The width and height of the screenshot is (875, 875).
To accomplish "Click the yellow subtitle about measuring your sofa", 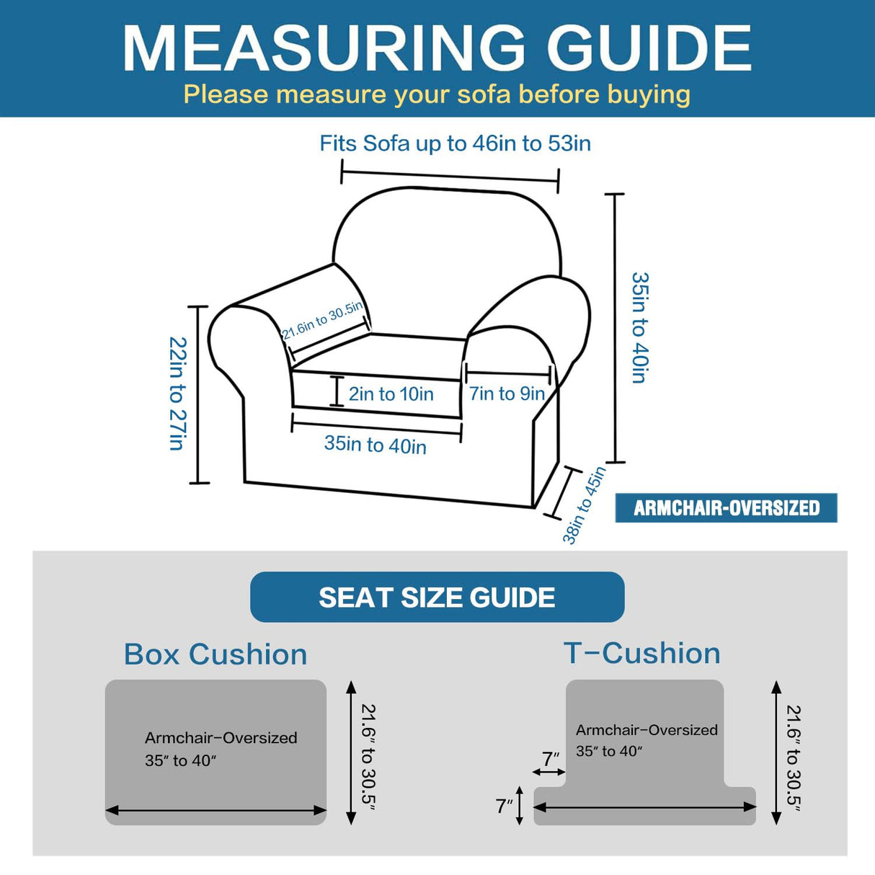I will click(x=437, y=94).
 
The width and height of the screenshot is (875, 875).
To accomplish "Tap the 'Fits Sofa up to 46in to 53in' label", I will click(x=455, y=143).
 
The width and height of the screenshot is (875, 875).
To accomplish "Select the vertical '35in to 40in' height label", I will click(x=639, y=327).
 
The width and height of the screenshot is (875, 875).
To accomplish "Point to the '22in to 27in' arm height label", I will click(x=177, y=394).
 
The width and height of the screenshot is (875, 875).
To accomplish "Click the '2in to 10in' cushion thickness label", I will click(x=391, y=394).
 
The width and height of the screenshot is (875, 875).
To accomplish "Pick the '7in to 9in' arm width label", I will click(x=507, y=394).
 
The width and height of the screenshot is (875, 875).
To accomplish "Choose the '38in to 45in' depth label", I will click(x=584, y=505).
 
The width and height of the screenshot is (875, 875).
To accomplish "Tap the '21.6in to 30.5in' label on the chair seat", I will click(x=322, y=320).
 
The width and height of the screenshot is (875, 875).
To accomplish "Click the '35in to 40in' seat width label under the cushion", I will click(x=375, y=444).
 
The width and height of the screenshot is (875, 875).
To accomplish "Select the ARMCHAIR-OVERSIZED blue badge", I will click(x=726, y=508).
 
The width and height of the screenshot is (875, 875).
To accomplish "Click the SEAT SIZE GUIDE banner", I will click(x=437, y=598).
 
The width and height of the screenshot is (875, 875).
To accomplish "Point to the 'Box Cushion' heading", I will click(x=216, y=654).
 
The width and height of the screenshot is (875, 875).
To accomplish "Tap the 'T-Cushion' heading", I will click(x=641, y=654).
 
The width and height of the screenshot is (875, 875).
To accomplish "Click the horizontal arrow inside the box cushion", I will click(x=216, y=811).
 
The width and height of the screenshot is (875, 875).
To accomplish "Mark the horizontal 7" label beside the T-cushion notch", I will click(x=551, y=758).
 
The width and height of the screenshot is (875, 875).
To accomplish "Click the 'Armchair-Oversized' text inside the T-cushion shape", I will click(x=647, y=730).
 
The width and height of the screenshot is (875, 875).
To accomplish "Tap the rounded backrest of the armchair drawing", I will click(x=447, y=245).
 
